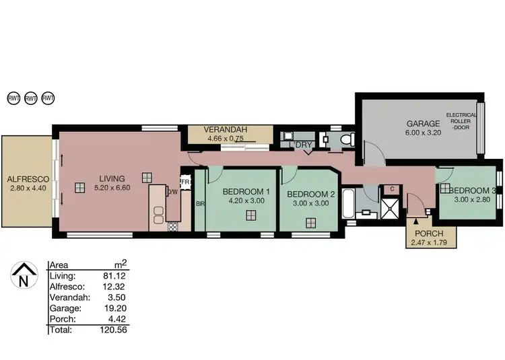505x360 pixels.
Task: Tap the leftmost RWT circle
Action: [x=13, y=98]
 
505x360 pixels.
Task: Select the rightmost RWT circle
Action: [x=48, y=98]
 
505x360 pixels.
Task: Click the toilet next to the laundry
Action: [x=346, y=139]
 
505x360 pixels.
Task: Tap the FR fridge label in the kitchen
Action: [x=184, y=181]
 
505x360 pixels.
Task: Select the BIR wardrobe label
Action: [x=199, y=203]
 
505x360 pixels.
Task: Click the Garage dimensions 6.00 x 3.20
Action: [x=422, y=133]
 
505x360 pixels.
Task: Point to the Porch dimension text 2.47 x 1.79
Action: [x=432, y=241]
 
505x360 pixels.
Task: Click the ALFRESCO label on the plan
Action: [x=26, y=180]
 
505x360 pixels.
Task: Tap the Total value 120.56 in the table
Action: [x=114, y=330]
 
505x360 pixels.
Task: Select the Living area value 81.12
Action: [x=116, y=276]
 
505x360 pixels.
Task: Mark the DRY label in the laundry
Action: [x=304, y=145]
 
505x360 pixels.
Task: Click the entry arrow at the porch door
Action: [x=415, y=219]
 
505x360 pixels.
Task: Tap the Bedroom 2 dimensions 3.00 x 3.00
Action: [x=308, y=205]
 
